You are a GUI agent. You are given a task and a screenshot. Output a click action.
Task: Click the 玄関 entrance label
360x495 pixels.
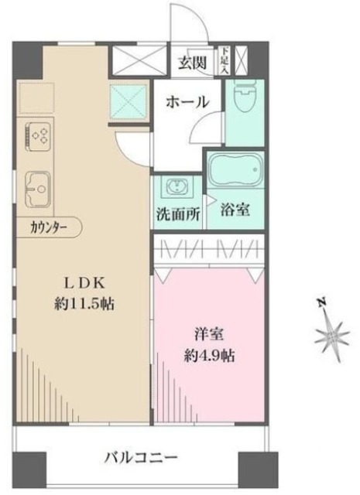[194, 63]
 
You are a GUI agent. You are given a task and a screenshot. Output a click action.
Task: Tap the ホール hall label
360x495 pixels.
[186, 101]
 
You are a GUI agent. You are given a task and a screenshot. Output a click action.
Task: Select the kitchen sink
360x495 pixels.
[37, 186]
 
